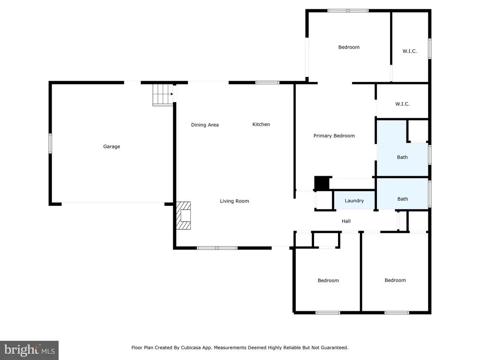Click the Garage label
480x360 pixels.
point(112,147)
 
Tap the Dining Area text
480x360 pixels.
point(205,125)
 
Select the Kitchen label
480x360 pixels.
point(261,124)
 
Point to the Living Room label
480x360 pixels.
point(234,201)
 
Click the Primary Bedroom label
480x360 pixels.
point(334,135)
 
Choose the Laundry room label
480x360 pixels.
point(354,201)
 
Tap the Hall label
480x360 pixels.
point(346,221)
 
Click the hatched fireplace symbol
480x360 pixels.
point(183,216)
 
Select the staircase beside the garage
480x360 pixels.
point(163,95)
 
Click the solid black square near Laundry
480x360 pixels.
point(322,183)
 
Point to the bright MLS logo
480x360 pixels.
point(29,350)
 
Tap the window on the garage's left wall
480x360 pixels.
point(50,143)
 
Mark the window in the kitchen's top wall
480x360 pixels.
point(267,82)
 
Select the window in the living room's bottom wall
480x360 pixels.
point(217,248)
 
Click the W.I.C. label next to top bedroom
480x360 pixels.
point(410,51)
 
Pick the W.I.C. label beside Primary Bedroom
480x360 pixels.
point(402,104)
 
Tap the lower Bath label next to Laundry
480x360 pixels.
point(403,199)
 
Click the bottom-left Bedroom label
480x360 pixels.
point(328,280)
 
